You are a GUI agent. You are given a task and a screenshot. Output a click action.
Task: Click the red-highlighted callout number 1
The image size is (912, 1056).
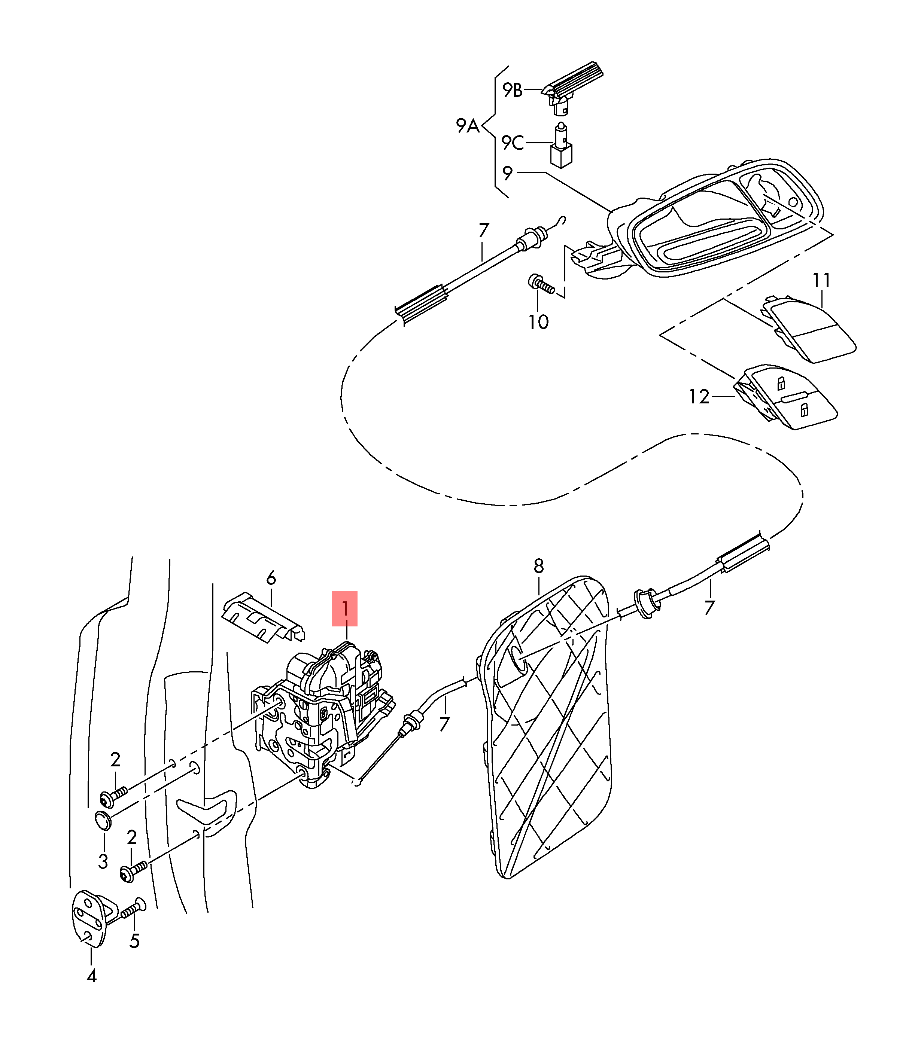pos(344,608)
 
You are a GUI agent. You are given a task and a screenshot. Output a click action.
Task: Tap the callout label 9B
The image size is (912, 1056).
pos(512,90)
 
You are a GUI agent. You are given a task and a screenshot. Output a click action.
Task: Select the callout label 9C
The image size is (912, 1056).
pos(512,143)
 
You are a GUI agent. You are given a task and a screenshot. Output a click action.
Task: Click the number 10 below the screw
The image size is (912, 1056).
pos(538,322)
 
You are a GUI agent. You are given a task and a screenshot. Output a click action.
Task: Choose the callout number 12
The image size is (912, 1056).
pos(699,397)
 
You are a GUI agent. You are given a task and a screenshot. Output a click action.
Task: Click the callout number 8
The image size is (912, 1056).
pos(539,566)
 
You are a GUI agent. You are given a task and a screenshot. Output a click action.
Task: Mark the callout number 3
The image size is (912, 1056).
pos(103,861)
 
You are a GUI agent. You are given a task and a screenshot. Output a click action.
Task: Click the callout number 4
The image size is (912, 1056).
pos(92,976)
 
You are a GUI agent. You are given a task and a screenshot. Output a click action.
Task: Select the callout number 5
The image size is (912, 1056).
pos(134,941)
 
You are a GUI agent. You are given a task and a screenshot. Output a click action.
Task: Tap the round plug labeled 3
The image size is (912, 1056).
pos(103,821)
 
